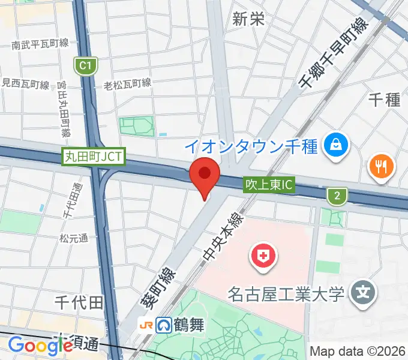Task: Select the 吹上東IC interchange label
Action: pos(269,185)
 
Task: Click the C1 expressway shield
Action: pos(86,65)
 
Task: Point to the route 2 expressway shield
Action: pos(338,194)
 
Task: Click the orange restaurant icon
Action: pos(382,165)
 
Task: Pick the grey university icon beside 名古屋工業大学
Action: pos(363,293)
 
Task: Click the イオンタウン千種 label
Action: pos(251,145)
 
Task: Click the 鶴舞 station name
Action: pos(190,326)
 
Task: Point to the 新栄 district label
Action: pos(248,19)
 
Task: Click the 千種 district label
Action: pos(384,100)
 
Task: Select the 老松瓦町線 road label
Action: pos(127,83)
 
